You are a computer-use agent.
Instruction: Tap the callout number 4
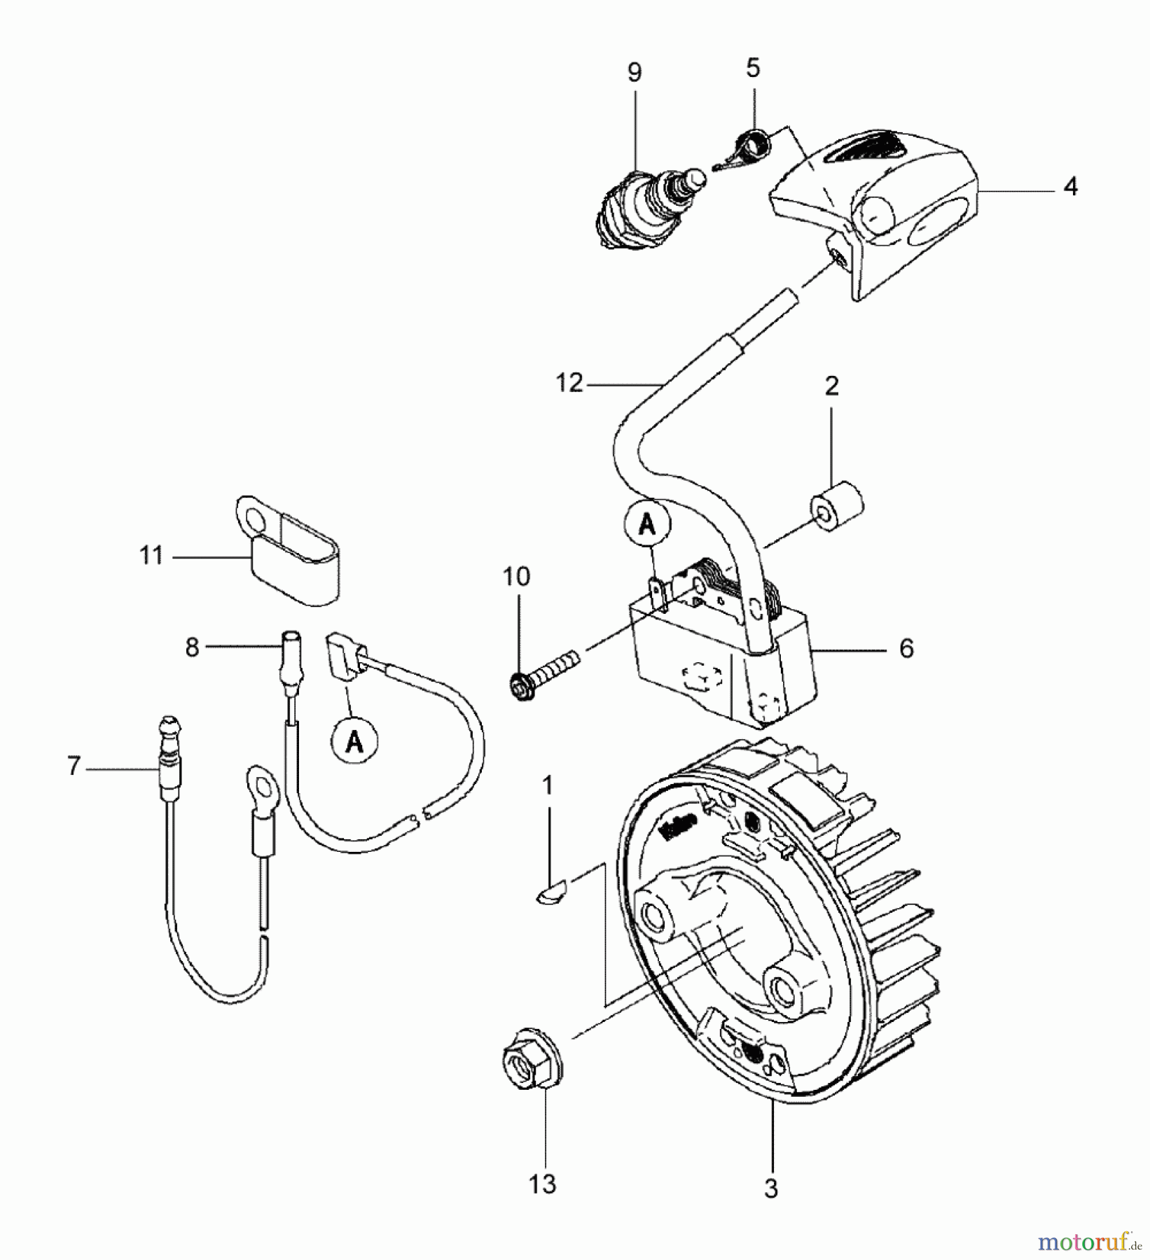coord(1070,187)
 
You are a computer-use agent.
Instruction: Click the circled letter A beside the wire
coord(354,741)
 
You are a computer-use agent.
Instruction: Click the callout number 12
coord(569,383)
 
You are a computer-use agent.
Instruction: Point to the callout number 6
coord(906,648)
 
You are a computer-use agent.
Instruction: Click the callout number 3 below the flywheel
coord(770,1188)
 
